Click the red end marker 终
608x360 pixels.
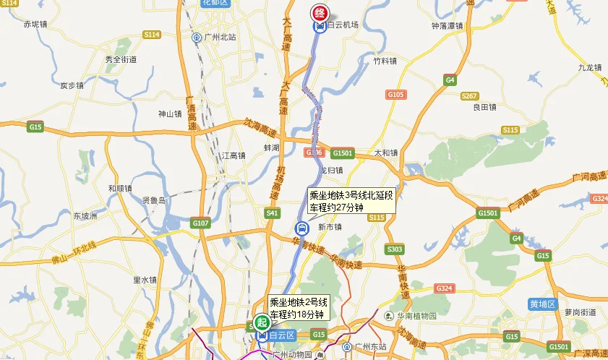tap(320, 12)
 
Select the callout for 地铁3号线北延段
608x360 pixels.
tap(351, 201)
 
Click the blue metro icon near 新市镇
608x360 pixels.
tap(301, 229)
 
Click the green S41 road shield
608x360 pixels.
tap(272, 213)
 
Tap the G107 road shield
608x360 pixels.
tap(200, 223)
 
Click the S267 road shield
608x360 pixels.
tap(469, 95)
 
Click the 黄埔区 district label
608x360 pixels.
tap(542, 304)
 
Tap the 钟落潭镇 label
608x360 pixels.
tap(447, 25)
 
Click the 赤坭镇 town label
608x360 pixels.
tap(35, 24)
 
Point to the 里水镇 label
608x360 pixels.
tap(145, 280)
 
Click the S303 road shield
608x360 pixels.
tap(395, 249)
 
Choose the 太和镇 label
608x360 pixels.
tap(386, 153)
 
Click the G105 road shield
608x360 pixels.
tap(395, 94)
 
